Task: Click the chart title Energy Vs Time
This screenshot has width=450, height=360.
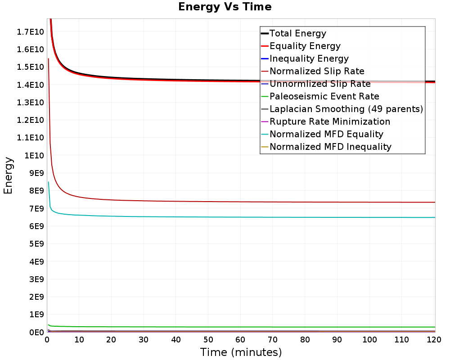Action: [x=225, y=7]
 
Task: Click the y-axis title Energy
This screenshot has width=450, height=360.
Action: [x=8, y=175]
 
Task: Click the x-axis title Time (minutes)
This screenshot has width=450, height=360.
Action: [x=241, y=352]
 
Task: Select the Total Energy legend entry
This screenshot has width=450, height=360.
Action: [x=297, y=33]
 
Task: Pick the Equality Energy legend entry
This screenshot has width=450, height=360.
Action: [x=305, y=46]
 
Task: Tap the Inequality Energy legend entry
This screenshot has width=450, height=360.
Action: [x=309, y=58]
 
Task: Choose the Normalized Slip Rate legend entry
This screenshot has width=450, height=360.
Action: [x=317, y=71]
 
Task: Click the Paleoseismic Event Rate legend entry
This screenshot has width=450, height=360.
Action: [x=324, y=96]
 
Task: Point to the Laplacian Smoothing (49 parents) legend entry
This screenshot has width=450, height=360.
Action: [x=346, y=109]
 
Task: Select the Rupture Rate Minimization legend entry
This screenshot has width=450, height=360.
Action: [x=329, y=121]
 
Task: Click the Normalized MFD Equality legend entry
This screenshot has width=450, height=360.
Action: [x=326, y=134]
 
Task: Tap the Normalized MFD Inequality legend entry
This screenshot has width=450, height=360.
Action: [x=330, y=147]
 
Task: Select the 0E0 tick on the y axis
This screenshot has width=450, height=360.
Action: [x=36, y=332]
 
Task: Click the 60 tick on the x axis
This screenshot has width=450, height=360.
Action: [x=241, y=340]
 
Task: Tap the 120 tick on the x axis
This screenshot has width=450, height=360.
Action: [x=433, y=340]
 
